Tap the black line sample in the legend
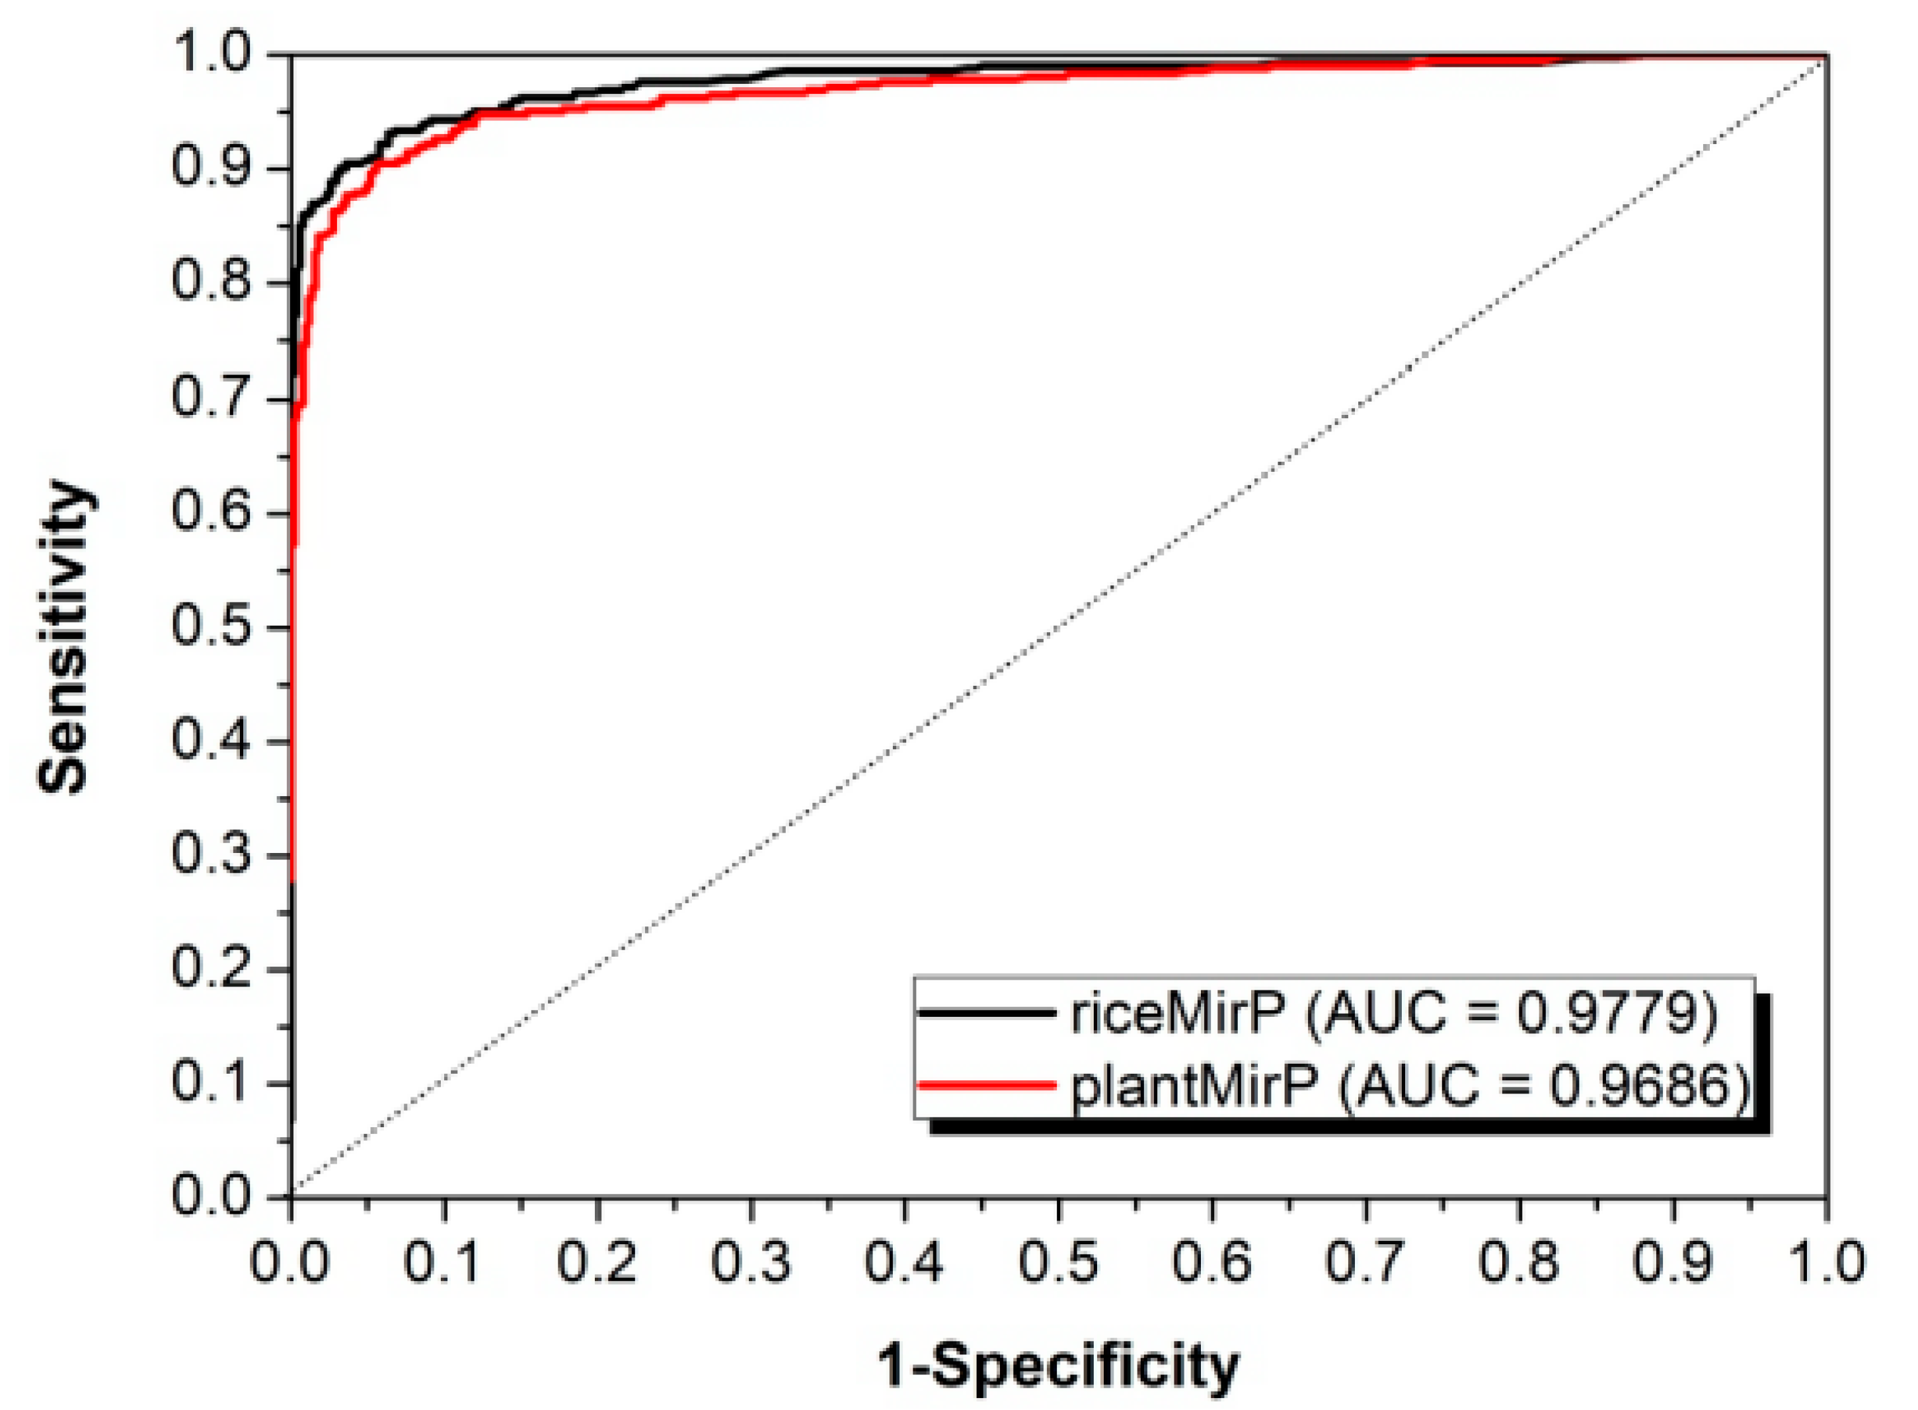[987, 1013]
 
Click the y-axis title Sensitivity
[64, 636]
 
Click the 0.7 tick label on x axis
[1365, 1261]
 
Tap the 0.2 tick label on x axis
[597, 1261]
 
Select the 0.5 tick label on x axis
[1058, 1261]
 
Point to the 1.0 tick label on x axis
[1825, 1261]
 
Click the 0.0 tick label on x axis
[290, 1261]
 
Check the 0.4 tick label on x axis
[905, 1261]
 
